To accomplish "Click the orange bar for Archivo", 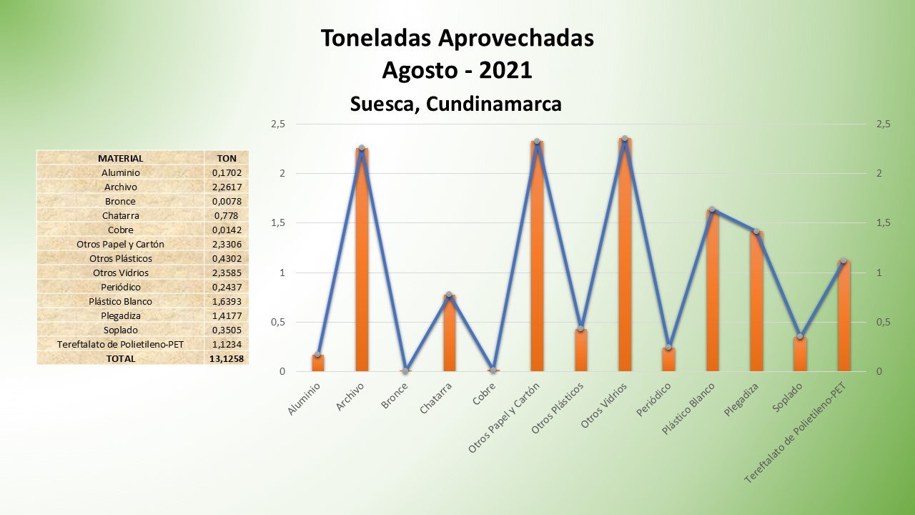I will tap(362, 260).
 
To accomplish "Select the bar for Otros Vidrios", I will tap(625, 255).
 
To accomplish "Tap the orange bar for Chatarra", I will tap(449, 333).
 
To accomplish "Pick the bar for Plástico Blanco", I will tap(712, 290).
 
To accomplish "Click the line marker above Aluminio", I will tap(318, 354).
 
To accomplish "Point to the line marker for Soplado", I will tap(800, 336).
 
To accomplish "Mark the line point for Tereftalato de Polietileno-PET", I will tap(844, 260).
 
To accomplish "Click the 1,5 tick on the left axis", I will tap(278, 223).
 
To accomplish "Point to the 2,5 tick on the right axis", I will tap(883, 124).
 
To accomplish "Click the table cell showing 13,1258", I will tap(225, 358).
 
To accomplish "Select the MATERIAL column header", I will tap(120, 158).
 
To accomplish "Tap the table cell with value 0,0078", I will tap(225, 201).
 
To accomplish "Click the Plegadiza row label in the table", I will tap(120, 315).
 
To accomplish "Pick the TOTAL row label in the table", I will tap(120, 358).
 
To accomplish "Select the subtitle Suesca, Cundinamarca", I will tap(455, 104).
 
